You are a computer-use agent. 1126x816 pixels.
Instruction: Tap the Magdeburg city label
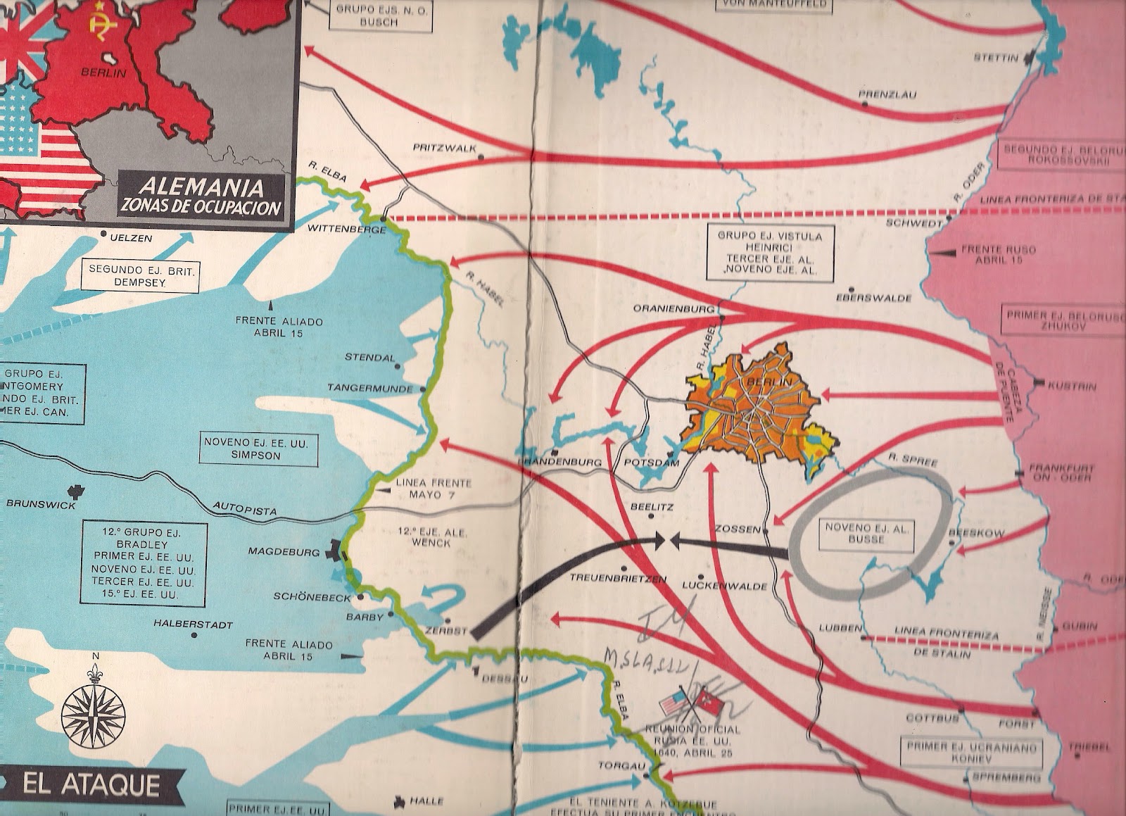[x=284, y=552]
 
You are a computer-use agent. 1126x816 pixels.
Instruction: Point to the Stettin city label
[x=995, y=58]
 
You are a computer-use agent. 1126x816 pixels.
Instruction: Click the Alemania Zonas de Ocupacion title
[x=201, y=197]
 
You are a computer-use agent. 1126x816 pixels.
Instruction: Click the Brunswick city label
[x=40, y=504]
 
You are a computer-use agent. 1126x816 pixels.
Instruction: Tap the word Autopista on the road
[x=244, y=510]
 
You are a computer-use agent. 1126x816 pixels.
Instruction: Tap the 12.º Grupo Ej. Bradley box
[x=144, y=562]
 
